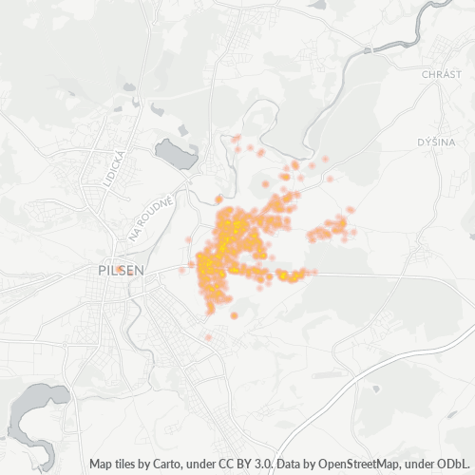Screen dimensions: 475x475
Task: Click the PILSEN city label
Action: click(122, 271)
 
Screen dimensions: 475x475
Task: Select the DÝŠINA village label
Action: click(437, 142)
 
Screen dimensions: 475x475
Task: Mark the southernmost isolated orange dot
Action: click(208, 337)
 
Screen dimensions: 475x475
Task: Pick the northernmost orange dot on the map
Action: click(236, 139)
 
